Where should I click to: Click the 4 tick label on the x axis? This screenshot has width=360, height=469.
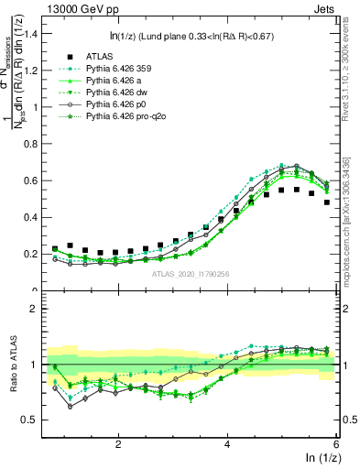pyautogui.click(x=227, y=442)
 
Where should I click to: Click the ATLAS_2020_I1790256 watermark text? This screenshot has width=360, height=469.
pyautogui.click(x=191, y=273)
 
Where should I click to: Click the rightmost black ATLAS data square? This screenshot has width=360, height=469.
pyautogui.click(x=327, y=202)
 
